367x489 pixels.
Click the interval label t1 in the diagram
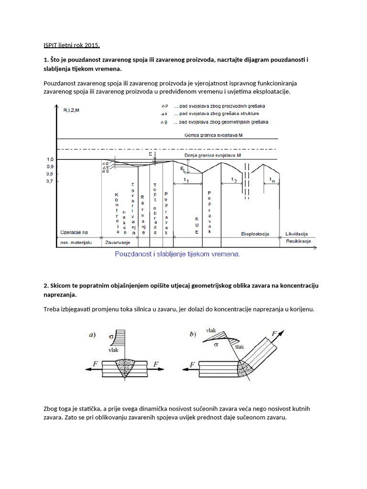coord(186,181)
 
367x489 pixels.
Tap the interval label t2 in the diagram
coord(234,180)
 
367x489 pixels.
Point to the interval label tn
coord(272,180)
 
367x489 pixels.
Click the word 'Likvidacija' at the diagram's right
coord(296,234)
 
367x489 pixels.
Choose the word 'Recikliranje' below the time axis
coord(298,242)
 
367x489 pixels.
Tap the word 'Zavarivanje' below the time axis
coord(118,242)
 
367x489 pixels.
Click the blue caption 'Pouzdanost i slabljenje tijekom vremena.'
coord(178,254)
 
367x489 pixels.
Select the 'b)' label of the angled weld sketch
coord(193,335)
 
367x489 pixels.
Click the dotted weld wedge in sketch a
coord(126,367)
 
